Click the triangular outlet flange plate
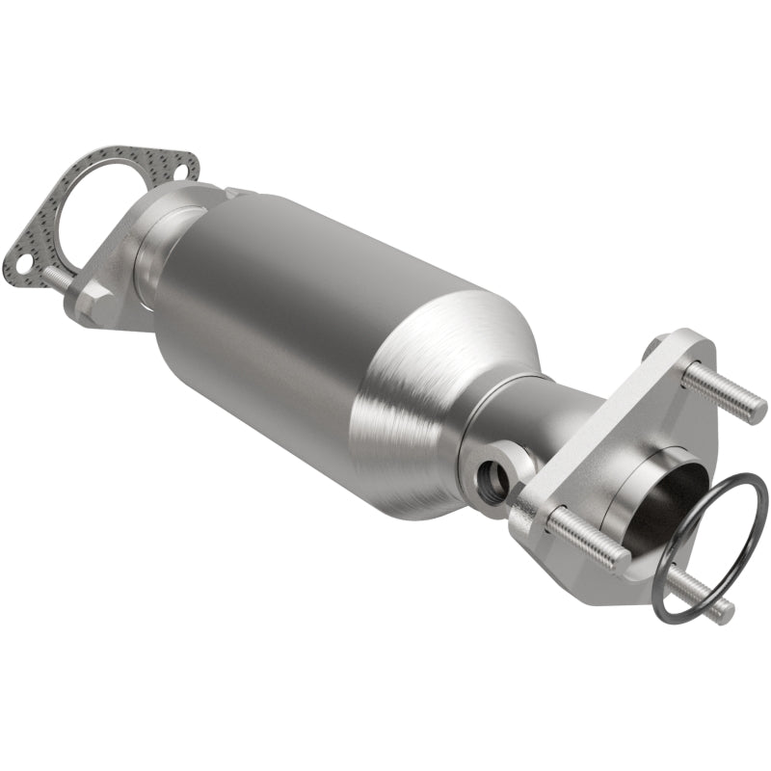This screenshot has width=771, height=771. pyautogui.click(x=617, y=434)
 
